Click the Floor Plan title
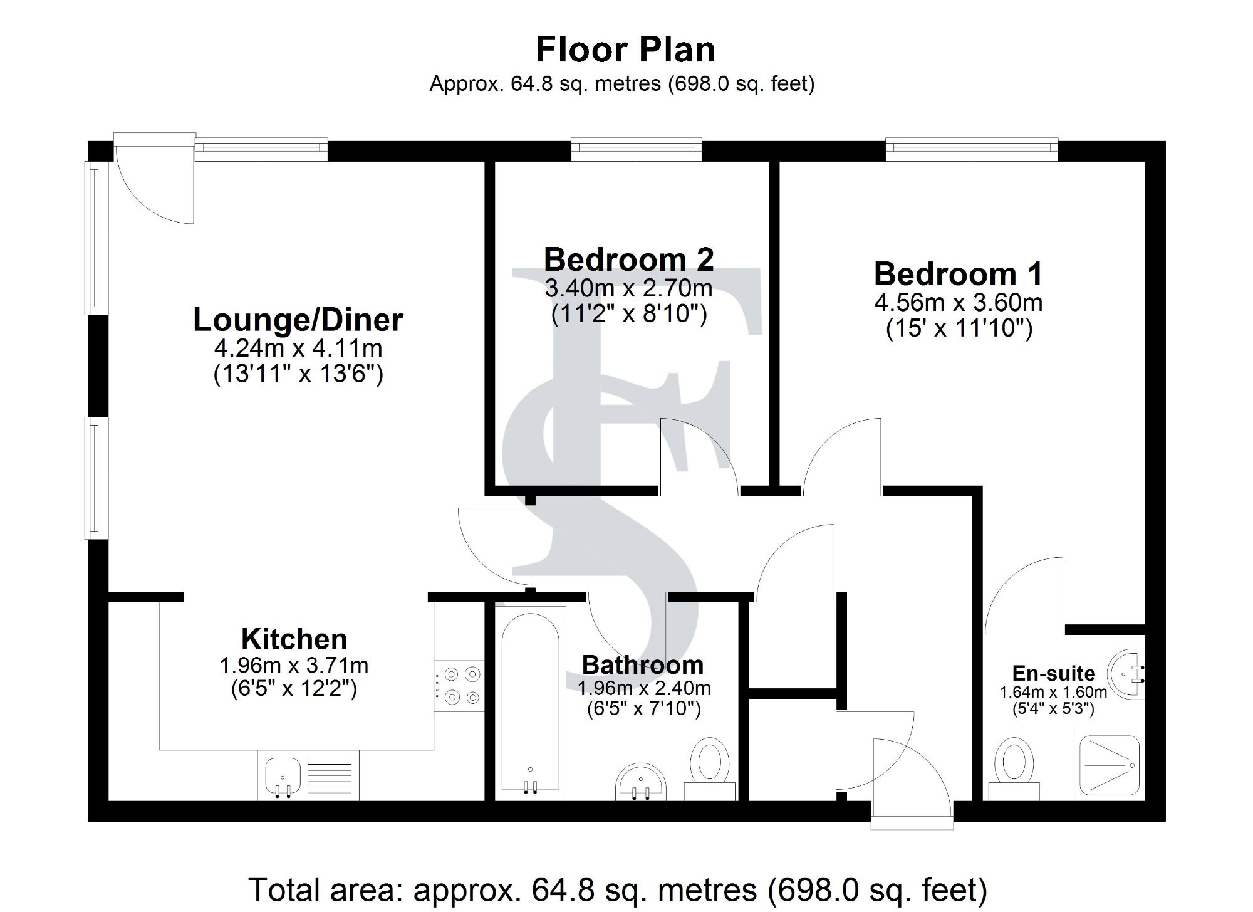coord(625,50)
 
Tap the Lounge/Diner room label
coord(298,320)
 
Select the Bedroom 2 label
coord(628,259)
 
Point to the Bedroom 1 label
coord(958,274)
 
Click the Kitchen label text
coord(294,639)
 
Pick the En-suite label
coord(1053,673)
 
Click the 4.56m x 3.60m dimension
coord(958,303)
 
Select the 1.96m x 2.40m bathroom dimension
coord(643,688)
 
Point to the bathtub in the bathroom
coord(530,702)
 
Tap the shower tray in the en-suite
coord(1109,765)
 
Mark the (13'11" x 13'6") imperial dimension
coord(298,374)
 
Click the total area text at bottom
coord(618,890)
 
